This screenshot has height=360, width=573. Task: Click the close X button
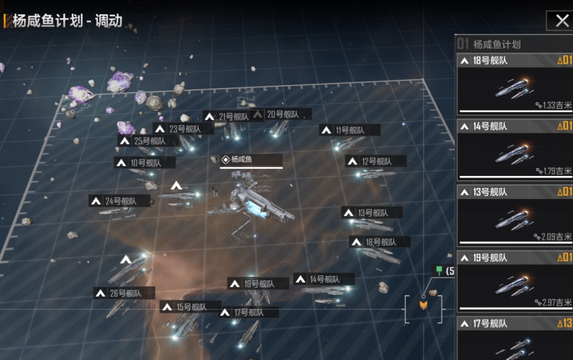560,21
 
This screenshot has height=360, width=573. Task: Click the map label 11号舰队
350,131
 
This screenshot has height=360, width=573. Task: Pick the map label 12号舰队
376,161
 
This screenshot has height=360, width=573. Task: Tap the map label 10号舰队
145,163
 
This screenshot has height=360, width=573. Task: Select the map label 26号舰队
124,293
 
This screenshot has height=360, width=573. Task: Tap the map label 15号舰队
191,307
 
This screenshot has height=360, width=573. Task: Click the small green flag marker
439,270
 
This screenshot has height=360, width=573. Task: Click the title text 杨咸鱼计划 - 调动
67,22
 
